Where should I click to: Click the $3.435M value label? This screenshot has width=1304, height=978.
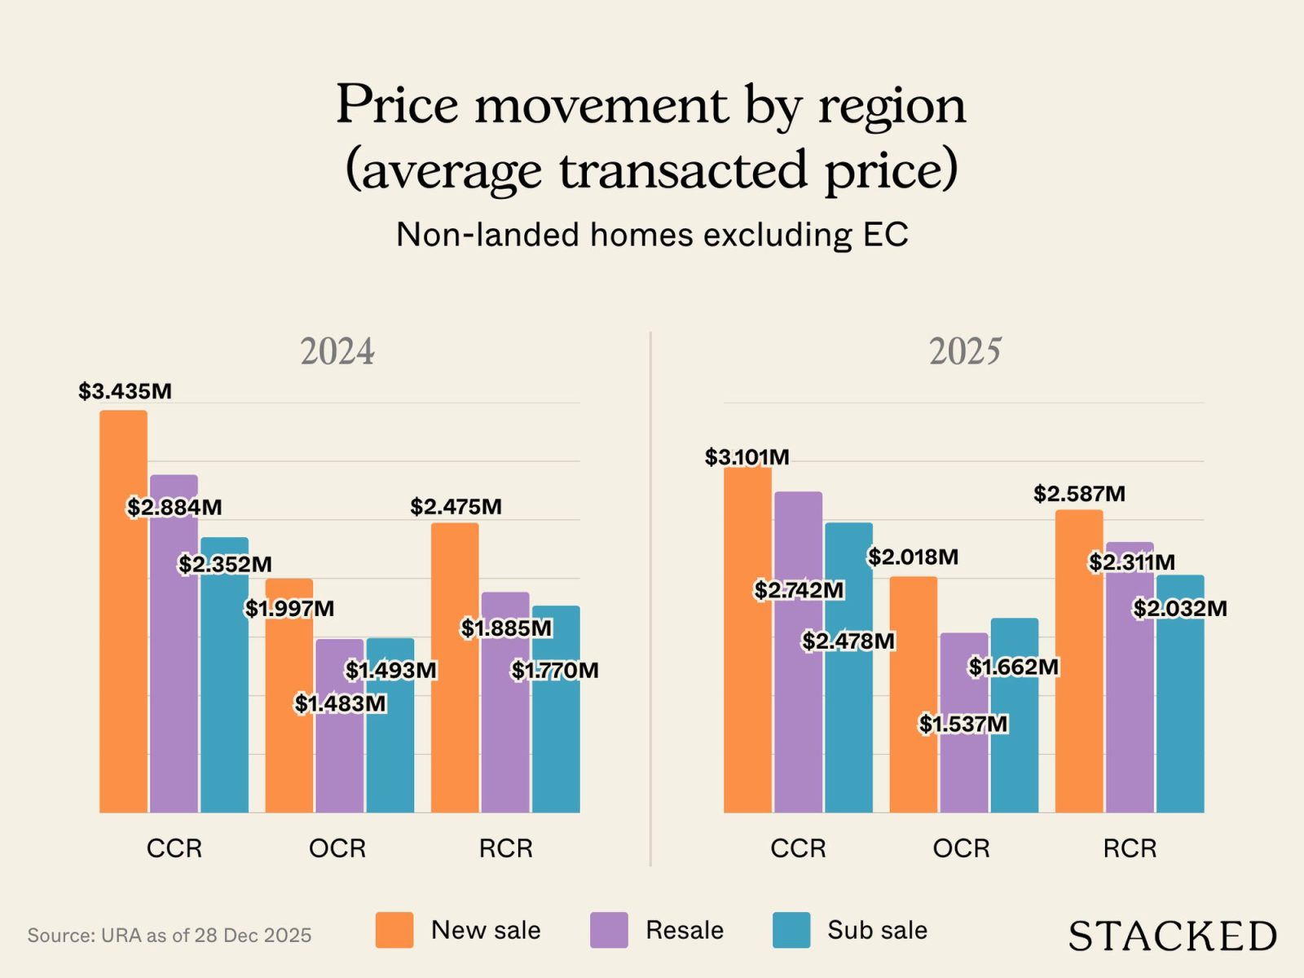coord(125,391)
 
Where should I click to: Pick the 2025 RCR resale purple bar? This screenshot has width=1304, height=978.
coord(1130,693)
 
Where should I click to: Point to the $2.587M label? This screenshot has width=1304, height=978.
coord(1079,494)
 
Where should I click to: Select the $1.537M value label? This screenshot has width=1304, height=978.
coord(963,724)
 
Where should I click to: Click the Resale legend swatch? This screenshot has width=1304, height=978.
coord(609,930)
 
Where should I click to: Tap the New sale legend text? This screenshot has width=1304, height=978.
coord(486,930)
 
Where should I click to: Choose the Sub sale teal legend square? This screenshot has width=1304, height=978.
coord(791,930)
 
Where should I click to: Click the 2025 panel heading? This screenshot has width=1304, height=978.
coord(965,352)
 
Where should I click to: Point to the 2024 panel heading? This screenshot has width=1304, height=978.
coord(337,352)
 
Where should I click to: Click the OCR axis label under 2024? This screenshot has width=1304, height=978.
coord(337,848)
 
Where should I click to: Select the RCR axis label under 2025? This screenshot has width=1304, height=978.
coord(1130,848)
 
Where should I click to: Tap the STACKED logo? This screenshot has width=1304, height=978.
coord(1172,936)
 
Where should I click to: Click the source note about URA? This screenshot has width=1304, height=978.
coord(170,935)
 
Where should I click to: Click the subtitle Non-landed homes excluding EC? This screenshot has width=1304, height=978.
coord(652,235)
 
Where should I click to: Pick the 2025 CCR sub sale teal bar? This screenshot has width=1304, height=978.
coord(848,717)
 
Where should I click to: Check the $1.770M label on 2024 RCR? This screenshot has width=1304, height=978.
coord(555,670)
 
